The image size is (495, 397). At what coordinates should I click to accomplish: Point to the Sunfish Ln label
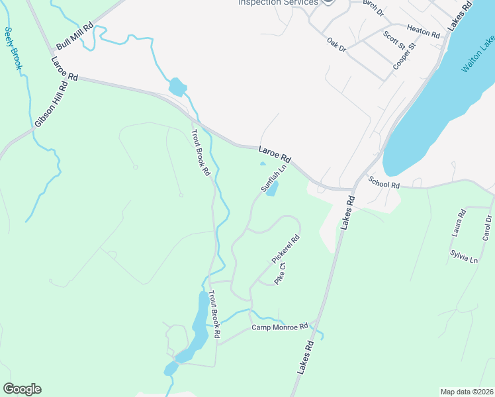pyautogui.click(x=273, y=179)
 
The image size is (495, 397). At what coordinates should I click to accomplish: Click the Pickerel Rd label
pyautogui.click(x=286, y=249)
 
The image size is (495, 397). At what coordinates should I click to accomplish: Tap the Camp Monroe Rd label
pyautogui.click(x=280, y=327)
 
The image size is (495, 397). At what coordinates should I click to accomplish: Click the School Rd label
pyautogui.click(x=384, y=183)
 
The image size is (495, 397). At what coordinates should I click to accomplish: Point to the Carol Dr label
pyautogui.click(x=488, y=227)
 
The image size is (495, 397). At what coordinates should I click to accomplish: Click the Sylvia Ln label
pyautogui.click(x=464, y=257)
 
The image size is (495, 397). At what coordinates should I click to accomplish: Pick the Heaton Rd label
pyautogui.click(x=424, y=30)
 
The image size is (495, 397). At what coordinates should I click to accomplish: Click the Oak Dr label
pyautogui.click(x=337, y=44)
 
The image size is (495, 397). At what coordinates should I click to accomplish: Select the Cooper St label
pyautogui.click(x=403, y=56)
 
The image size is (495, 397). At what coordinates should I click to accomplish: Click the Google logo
pyautogui.click(x=22, y=389)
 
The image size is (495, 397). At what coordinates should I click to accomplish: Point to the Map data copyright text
pyautogui.click(x=467, y=392)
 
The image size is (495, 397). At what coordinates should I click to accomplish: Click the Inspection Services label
pyautogui.click(x=278, y=3)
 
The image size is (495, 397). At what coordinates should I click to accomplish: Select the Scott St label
pyautogui.click(x=394, y=42)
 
